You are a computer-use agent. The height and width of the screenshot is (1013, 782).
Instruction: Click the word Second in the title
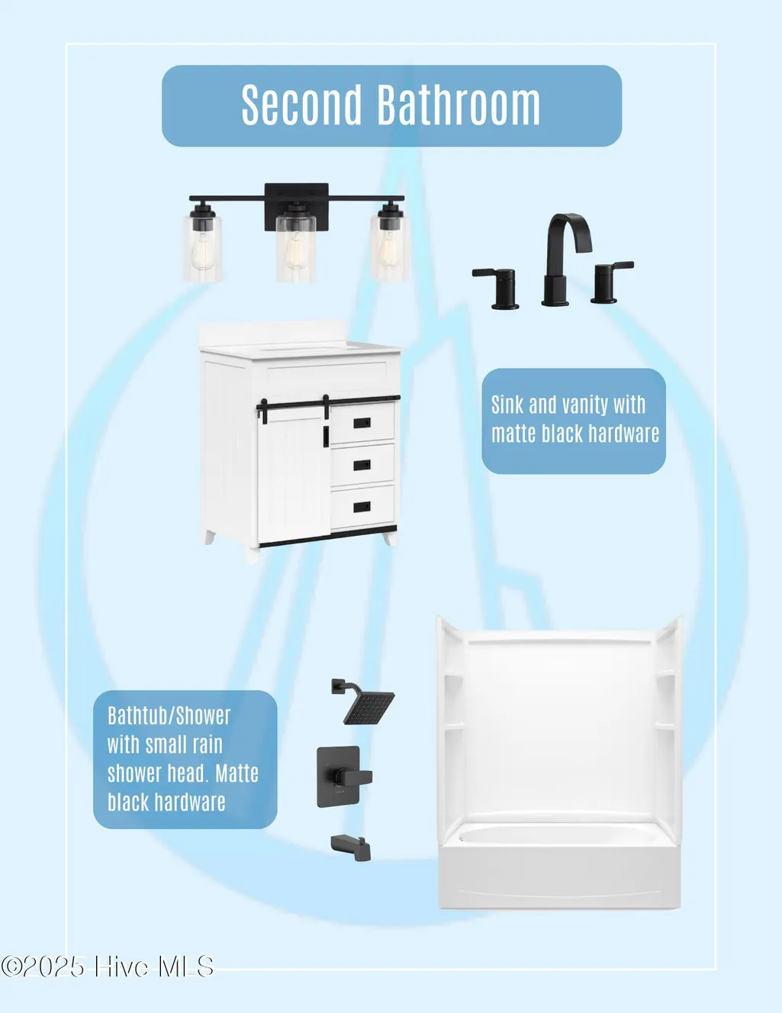(301, 105)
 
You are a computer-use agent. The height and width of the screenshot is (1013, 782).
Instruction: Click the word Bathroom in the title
(459, 105)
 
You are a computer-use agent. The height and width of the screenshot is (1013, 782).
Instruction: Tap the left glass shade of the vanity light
(203, 248)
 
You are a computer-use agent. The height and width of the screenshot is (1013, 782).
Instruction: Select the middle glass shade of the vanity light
(296, 248)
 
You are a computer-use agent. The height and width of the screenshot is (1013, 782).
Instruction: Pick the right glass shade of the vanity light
(391, 248)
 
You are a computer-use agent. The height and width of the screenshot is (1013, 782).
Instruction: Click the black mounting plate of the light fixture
(297, 206)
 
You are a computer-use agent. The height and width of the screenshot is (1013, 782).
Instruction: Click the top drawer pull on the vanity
(362, 423)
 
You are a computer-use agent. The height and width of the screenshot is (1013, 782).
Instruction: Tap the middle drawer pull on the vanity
(362, 465)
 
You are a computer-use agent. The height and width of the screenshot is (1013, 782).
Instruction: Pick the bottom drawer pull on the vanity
(362, 506)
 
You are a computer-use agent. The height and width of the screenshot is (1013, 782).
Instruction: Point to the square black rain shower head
(364, 702)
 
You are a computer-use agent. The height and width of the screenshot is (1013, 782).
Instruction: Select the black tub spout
(351, 847)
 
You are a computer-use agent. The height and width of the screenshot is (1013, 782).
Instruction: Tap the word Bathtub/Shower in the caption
(169, 715)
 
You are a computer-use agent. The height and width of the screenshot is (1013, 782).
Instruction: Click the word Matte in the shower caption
(237, 773)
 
